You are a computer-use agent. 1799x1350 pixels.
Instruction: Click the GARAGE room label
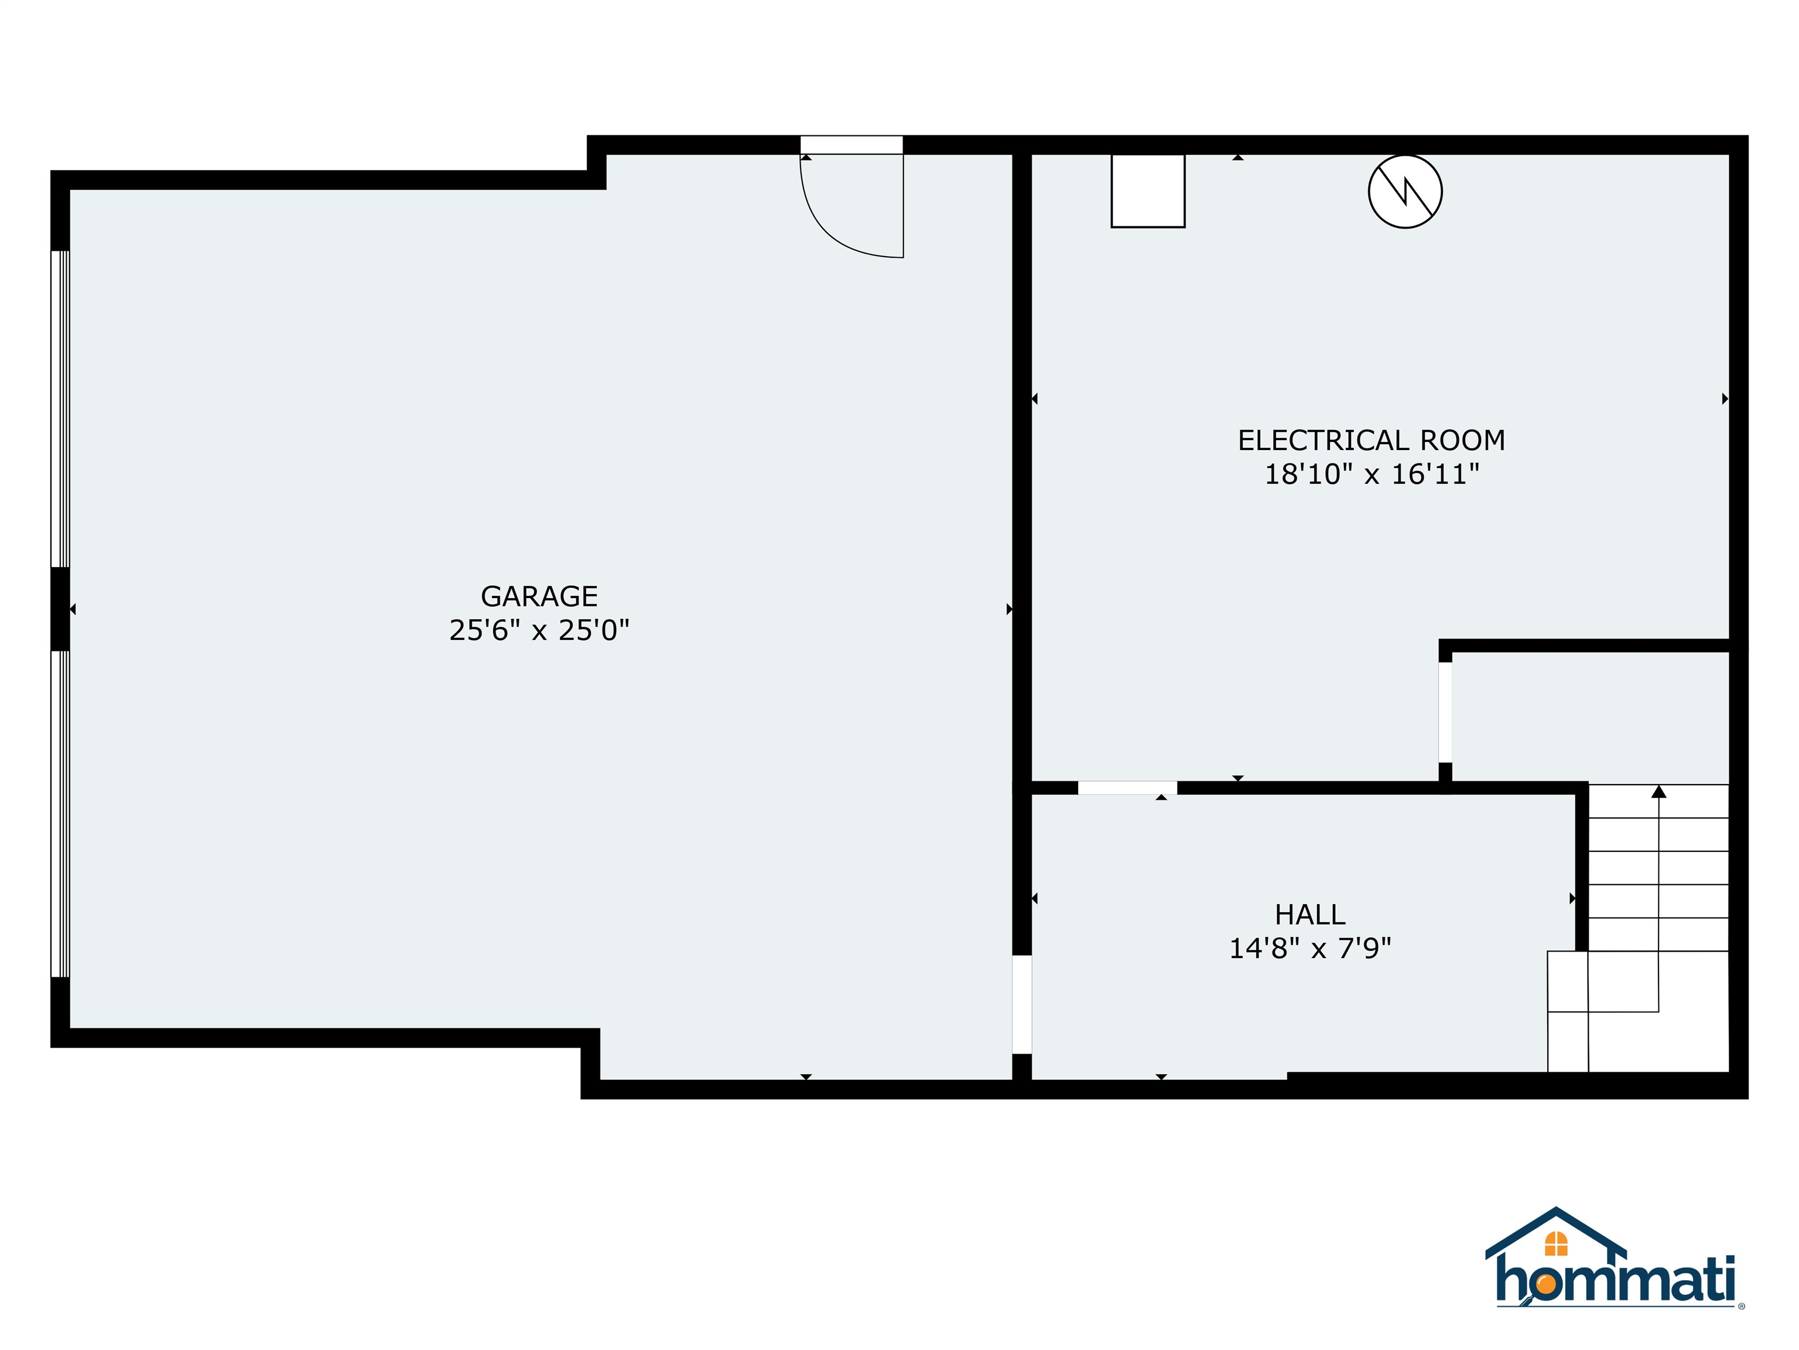[x=539, y=596]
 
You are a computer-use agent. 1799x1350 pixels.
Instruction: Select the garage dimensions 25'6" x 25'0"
[x=539, y=630]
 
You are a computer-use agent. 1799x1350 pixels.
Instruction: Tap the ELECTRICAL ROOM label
[x=1371, y=440]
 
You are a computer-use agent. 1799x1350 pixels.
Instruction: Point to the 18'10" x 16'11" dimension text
[x=1371, y=475]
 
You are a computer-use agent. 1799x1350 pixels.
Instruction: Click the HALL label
[x=1309, y=915]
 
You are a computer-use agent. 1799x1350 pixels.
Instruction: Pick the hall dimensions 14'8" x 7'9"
[x=1309, y=949]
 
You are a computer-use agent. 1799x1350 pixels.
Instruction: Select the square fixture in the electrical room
[x=1148, y=190]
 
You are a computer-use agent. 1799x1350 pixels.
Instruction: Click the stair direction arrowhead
[x=1658, y=791]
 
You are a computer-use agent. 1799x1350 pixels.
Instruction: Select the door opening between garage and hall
[x=1021, y=1004]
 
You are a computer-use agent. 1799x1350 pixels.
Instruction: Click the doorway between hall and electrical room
[x=1127, y=787]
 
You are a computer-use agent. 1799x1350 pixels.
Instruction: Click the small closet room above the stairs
[x=1590, y=718]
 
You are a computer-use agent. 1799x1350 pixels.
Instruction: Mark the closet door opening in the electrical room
[x=1445, y=714]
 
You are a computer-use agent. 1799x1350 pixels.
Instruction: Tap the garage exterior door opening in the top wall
[x=851, y=145]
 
